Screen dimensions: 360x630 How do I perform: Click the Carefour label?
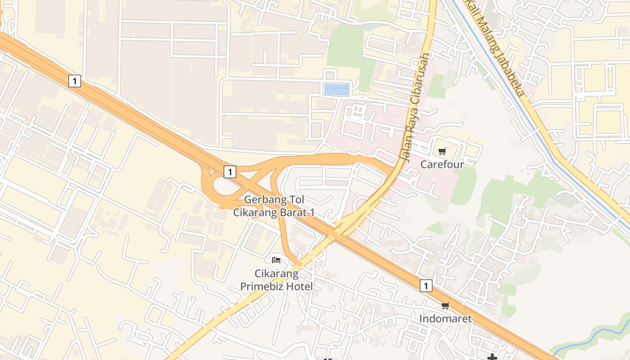click(441, 164)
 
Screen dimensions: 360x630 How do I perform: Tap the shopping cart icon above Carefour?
click(442, 152)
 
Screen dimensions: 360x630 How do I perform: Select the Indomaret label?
click(445, 319)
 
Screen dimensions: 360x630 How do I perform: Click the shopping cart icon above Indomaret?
click(445, 306)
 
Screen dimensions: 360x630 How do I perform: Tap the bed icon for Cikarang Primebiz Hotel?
click(276, 260)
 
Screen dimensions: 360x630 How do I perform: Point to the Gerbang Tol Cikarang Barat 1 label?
click(274, 206)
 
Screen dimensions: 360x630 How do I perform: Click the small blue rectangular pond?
click(337, 90)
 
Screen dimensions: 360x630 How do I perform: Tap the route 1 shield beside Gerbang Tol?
click(230, 171)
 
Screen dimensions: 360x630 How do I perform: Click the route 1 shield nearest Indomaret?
click(426, 286)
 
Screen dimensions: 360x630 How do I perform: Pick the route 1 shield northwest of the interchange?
click(75, 81)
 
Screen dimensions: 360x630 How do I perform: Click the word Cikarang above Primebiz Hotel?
click(276, 274)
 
